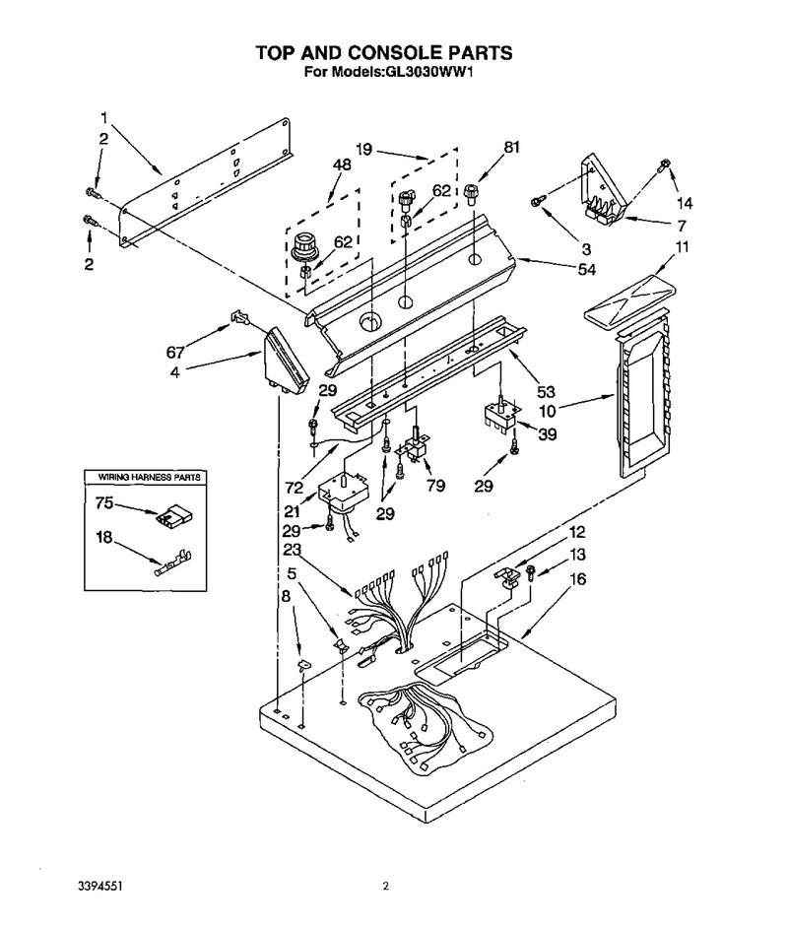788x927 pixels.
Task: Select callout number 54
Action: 586,270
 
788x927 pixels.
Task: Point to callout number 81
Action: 511,147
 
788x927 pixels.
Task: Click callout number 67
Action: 175,353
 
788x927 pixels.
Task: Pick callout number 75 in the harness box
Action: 104,503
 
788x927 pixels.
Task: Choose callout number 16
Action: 577,579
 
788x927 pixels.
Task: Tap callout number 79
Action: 435,486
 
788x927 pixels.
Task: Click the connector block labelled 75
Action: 176,515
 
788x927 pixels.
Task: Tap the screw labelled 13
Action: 531,573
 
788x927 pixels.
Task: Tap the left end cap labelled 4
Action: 285,361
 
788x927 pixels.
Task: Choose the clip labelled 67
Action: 237,316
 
